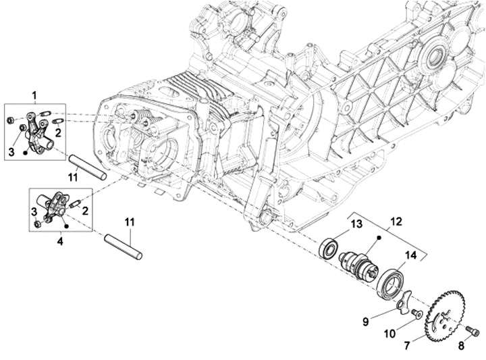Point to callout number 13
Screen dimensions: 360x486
(x=356, y=224)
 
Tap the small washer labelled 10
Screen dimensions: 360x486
(x=417, y=313)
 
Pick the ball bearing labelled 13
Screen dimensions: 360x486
(x=329, y=248)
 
